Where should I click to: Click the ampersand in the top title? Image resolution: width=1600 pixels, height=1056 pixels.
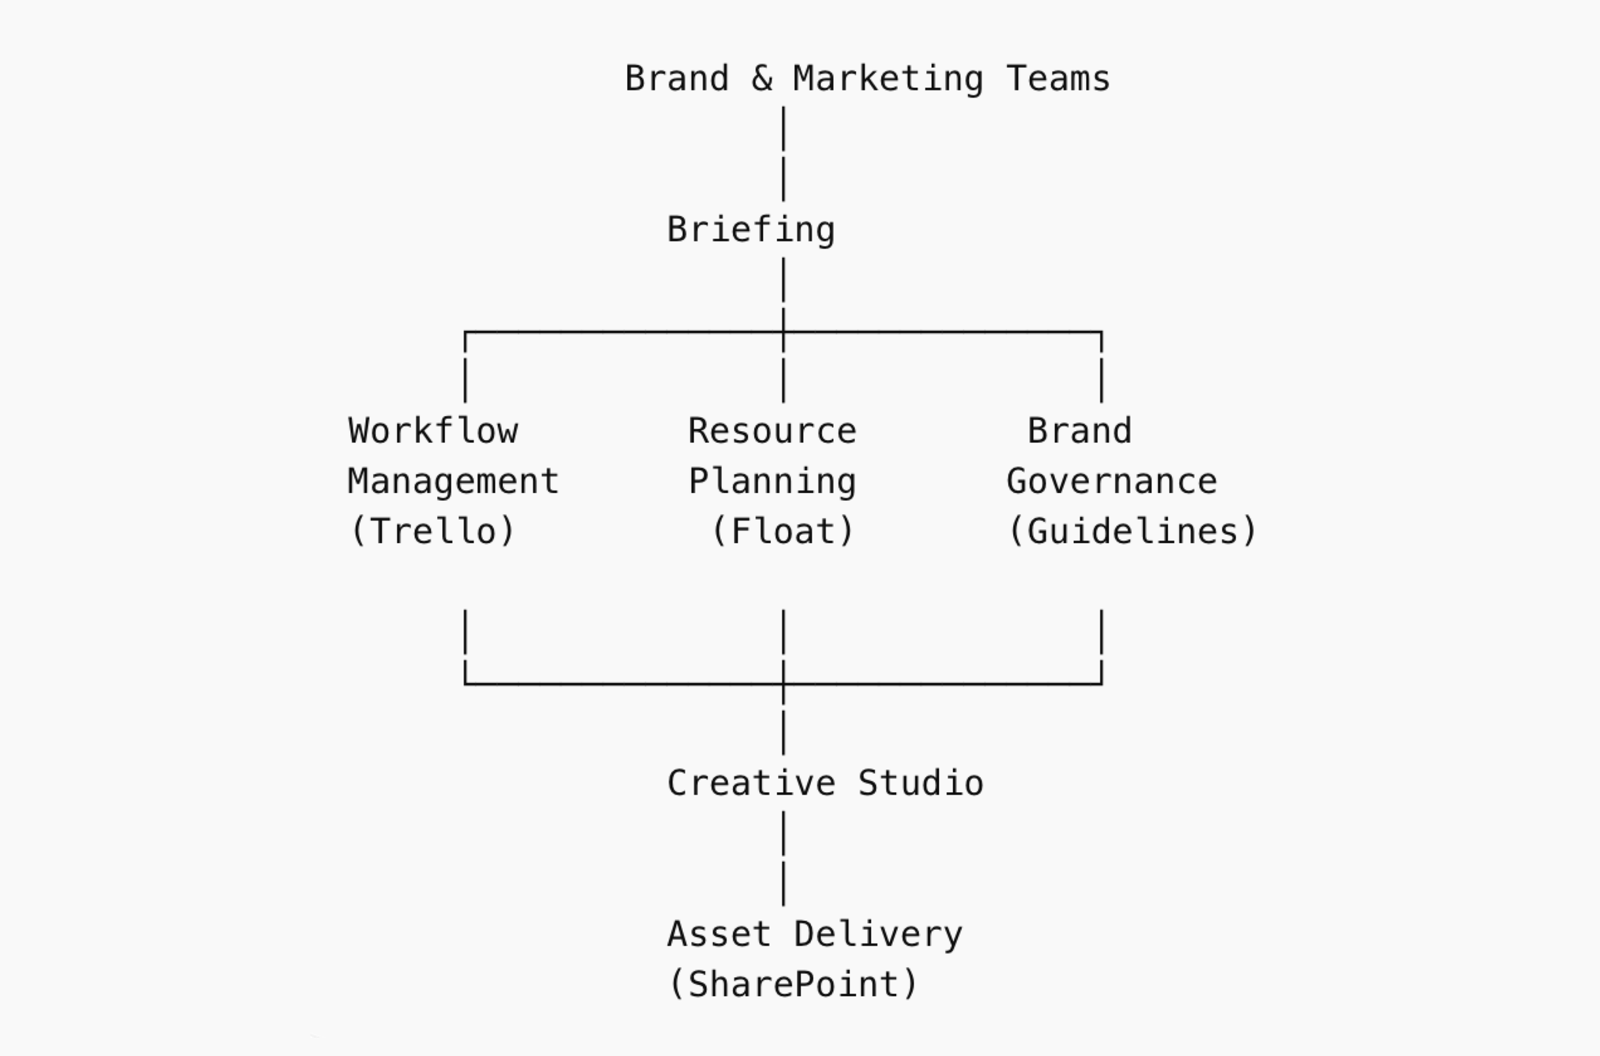point(762,79)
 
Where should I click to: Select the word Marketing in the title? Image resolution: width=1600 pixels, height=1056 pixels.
point(888,79)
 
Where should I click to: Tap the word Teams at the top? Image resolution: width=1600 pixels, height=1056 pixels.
point(1057,79)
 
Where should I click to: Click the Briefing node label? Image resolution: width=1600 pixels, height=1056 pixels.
point(751,231)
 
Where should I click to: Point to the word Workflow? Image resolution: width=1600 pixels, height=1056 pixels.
point(433,431)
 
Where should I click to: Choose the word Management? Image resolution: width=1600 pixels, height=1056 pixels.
point(453,482)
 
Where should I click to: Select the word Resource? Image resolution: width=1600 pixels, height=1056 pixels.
point(772,431)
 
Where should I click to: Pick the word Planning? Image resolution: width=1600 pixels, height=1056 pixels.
point(772,482)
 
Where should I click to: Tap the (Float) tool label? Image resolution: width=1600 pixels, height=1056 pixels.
point(783,532)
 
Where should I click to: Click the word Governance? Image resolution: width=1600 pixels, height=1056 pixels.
point(1111,482)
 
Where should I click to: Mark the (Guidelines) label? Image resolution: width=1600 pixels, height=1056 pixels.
point(1132,532)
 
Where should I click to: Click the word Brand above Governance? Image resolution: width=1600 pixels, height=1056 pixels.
point(1080,431)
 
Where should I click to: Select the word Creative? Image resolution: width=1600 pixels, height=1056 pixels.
point(751,783)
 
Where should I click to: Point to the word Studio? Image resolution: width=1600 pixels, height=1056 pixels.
point(920,783)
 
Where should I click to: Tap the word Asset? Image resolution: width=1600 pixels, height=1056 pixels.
point(719,934)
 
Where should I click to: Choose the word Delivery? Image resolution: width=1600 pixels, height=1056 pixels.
point(877,934)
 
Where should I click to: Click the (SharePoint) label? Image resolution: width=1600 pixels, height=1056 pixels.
point(793,985)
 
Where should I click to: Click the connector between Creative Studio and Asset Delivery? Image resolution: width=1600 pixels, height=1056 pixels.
point(783,859)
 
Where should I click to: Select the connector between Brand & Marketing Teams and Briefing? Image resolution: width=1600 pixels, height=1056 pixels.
point(783,154)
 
